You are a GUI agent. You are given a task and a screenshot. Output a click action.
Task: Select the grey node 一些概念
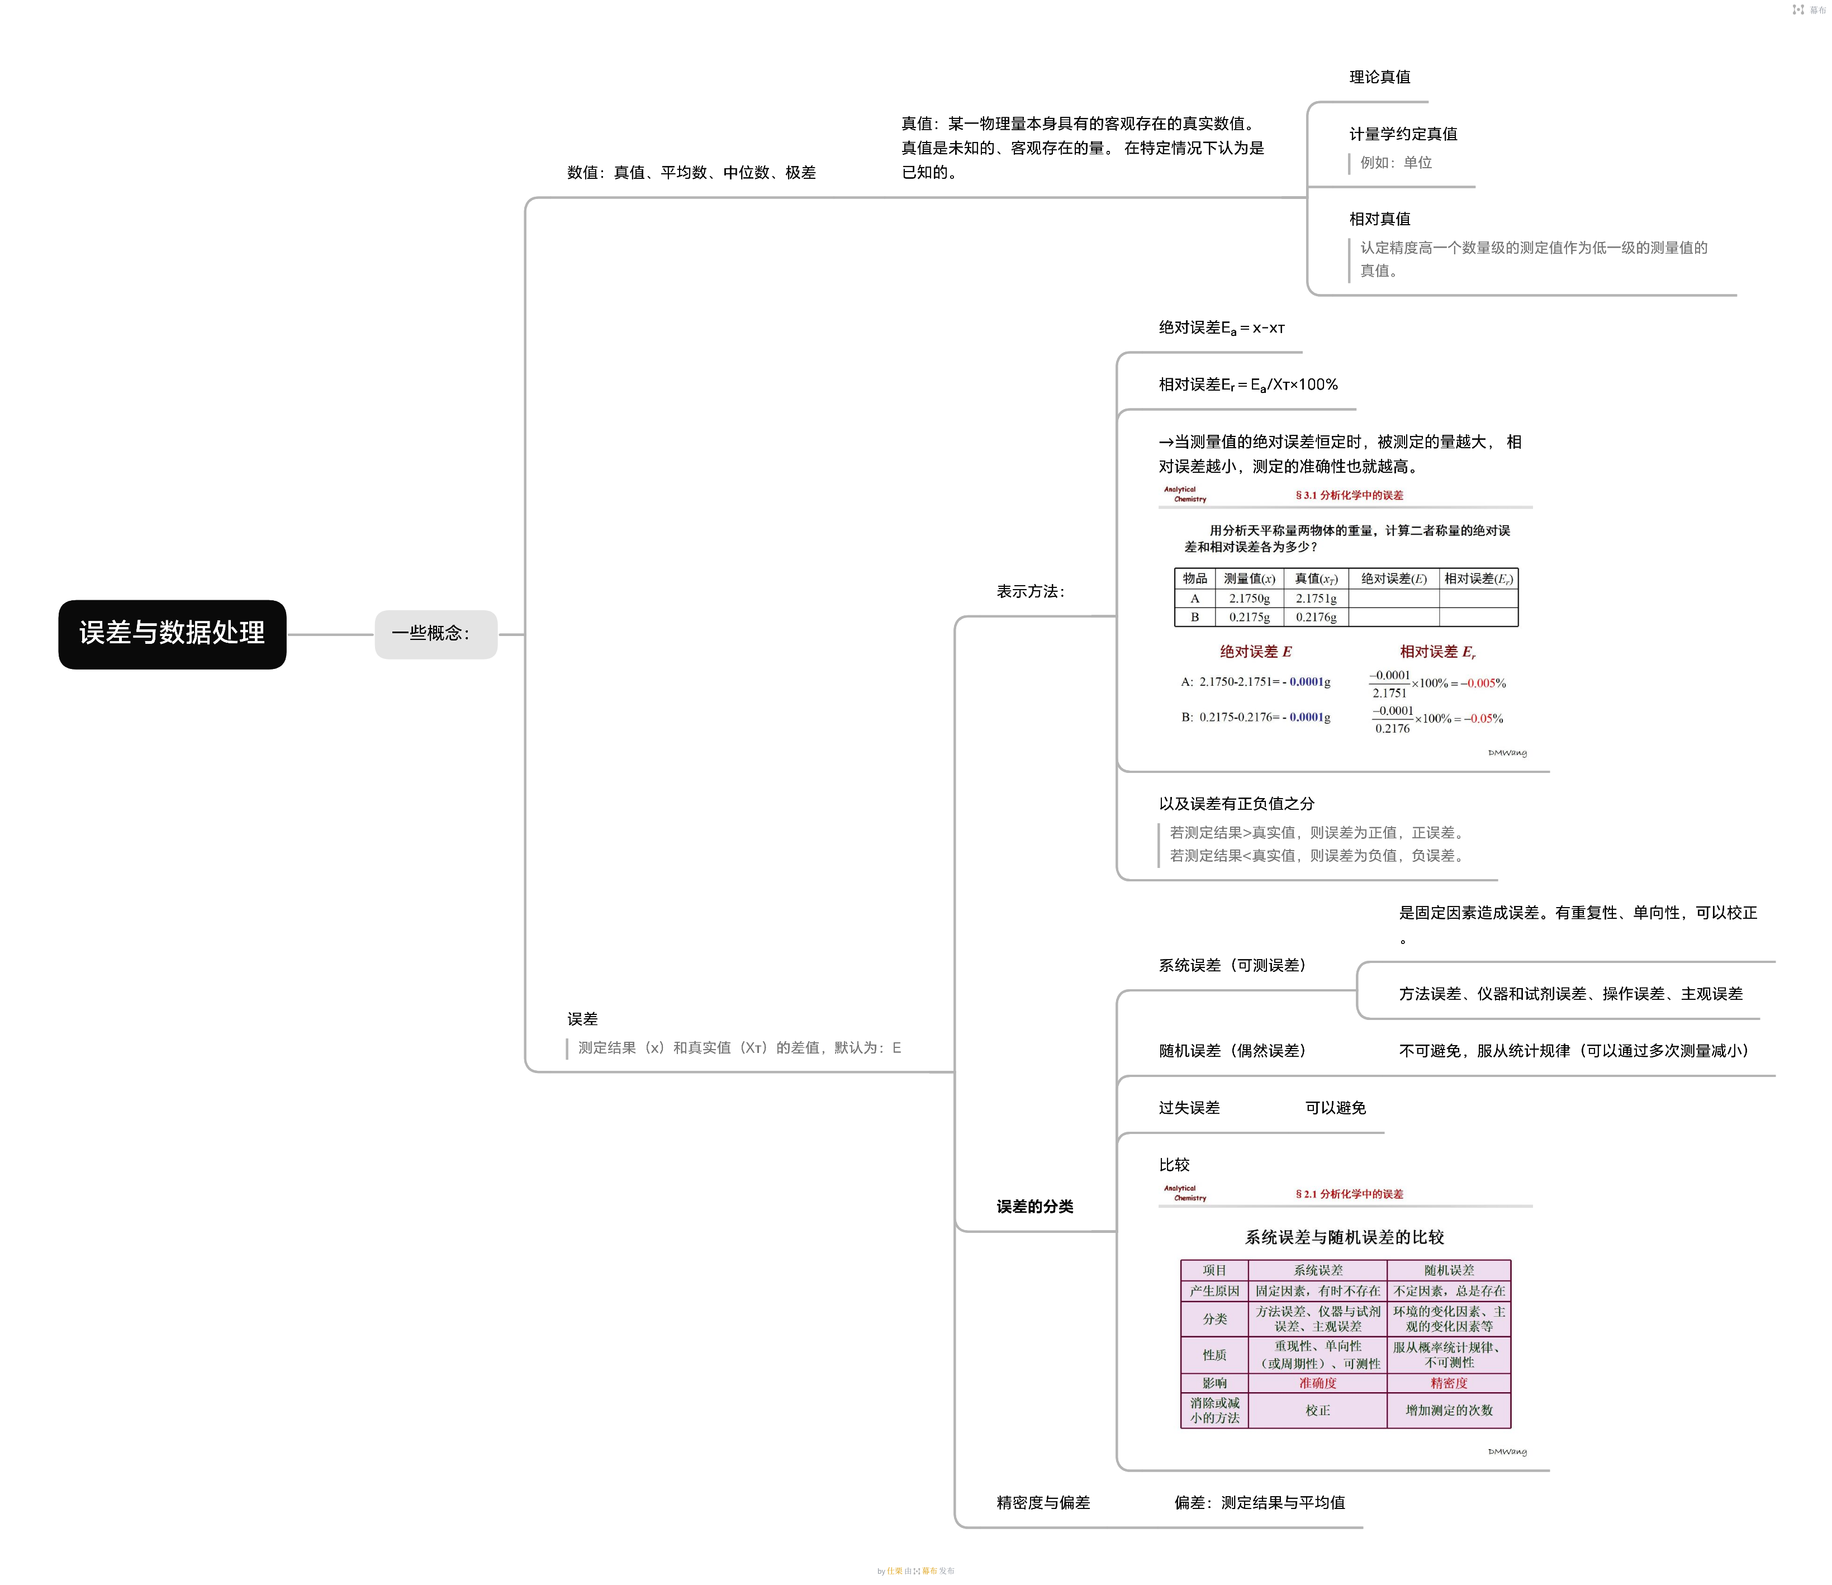click(435, 633)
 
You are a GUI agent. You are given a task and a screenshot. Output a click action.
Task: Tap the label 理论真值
click(1379, 77)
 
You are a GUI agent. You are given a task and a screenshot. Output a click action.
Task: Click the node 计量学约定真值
click(1403, 134)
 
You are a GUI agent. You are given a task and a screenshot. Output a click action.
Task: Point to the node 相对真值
click(1379, 219)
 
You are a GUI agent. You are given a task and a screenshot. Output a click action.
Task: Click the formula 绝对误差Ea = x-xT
click(1222, 328)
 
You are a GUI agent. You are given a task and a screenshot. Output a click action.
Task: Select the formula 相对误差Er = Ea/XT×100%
click(1248, 385)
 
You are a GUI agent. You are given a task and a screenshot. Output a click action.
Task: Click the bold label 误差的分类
click(1034, 1207)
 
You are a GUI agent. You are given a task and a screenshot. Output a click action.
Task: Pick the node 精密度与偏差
click(1043, 1502)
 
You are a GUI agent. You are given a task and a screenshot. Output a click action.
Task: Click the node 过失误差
click(1189, 1107)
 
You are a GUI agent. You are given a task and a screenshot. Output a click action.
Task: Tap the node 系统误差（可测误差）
click(1232, 965)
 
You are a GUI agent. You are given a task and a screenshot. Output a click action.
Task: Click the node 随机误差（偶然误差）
click(1232, 1051)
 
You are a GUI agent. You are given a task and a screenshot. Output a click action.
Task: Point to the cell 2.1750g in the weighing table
click(1249, 599)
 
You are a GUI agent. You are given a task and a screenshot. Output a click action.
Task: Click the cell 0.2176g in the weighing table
click(1316, 618)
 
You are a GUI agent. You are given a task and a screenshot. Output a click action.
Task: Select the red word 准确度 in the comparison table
click(1317, 1383)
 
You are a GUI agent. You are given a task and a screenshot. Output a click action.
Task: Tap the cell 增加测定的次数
click(1449, 1410)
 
